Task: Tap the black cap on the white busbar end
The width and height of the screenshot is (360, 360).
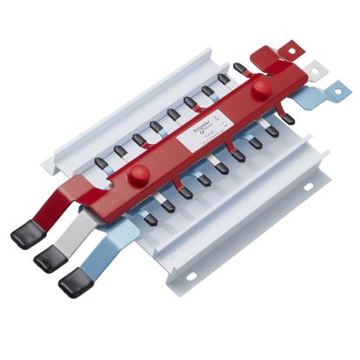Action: [49, 258]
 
